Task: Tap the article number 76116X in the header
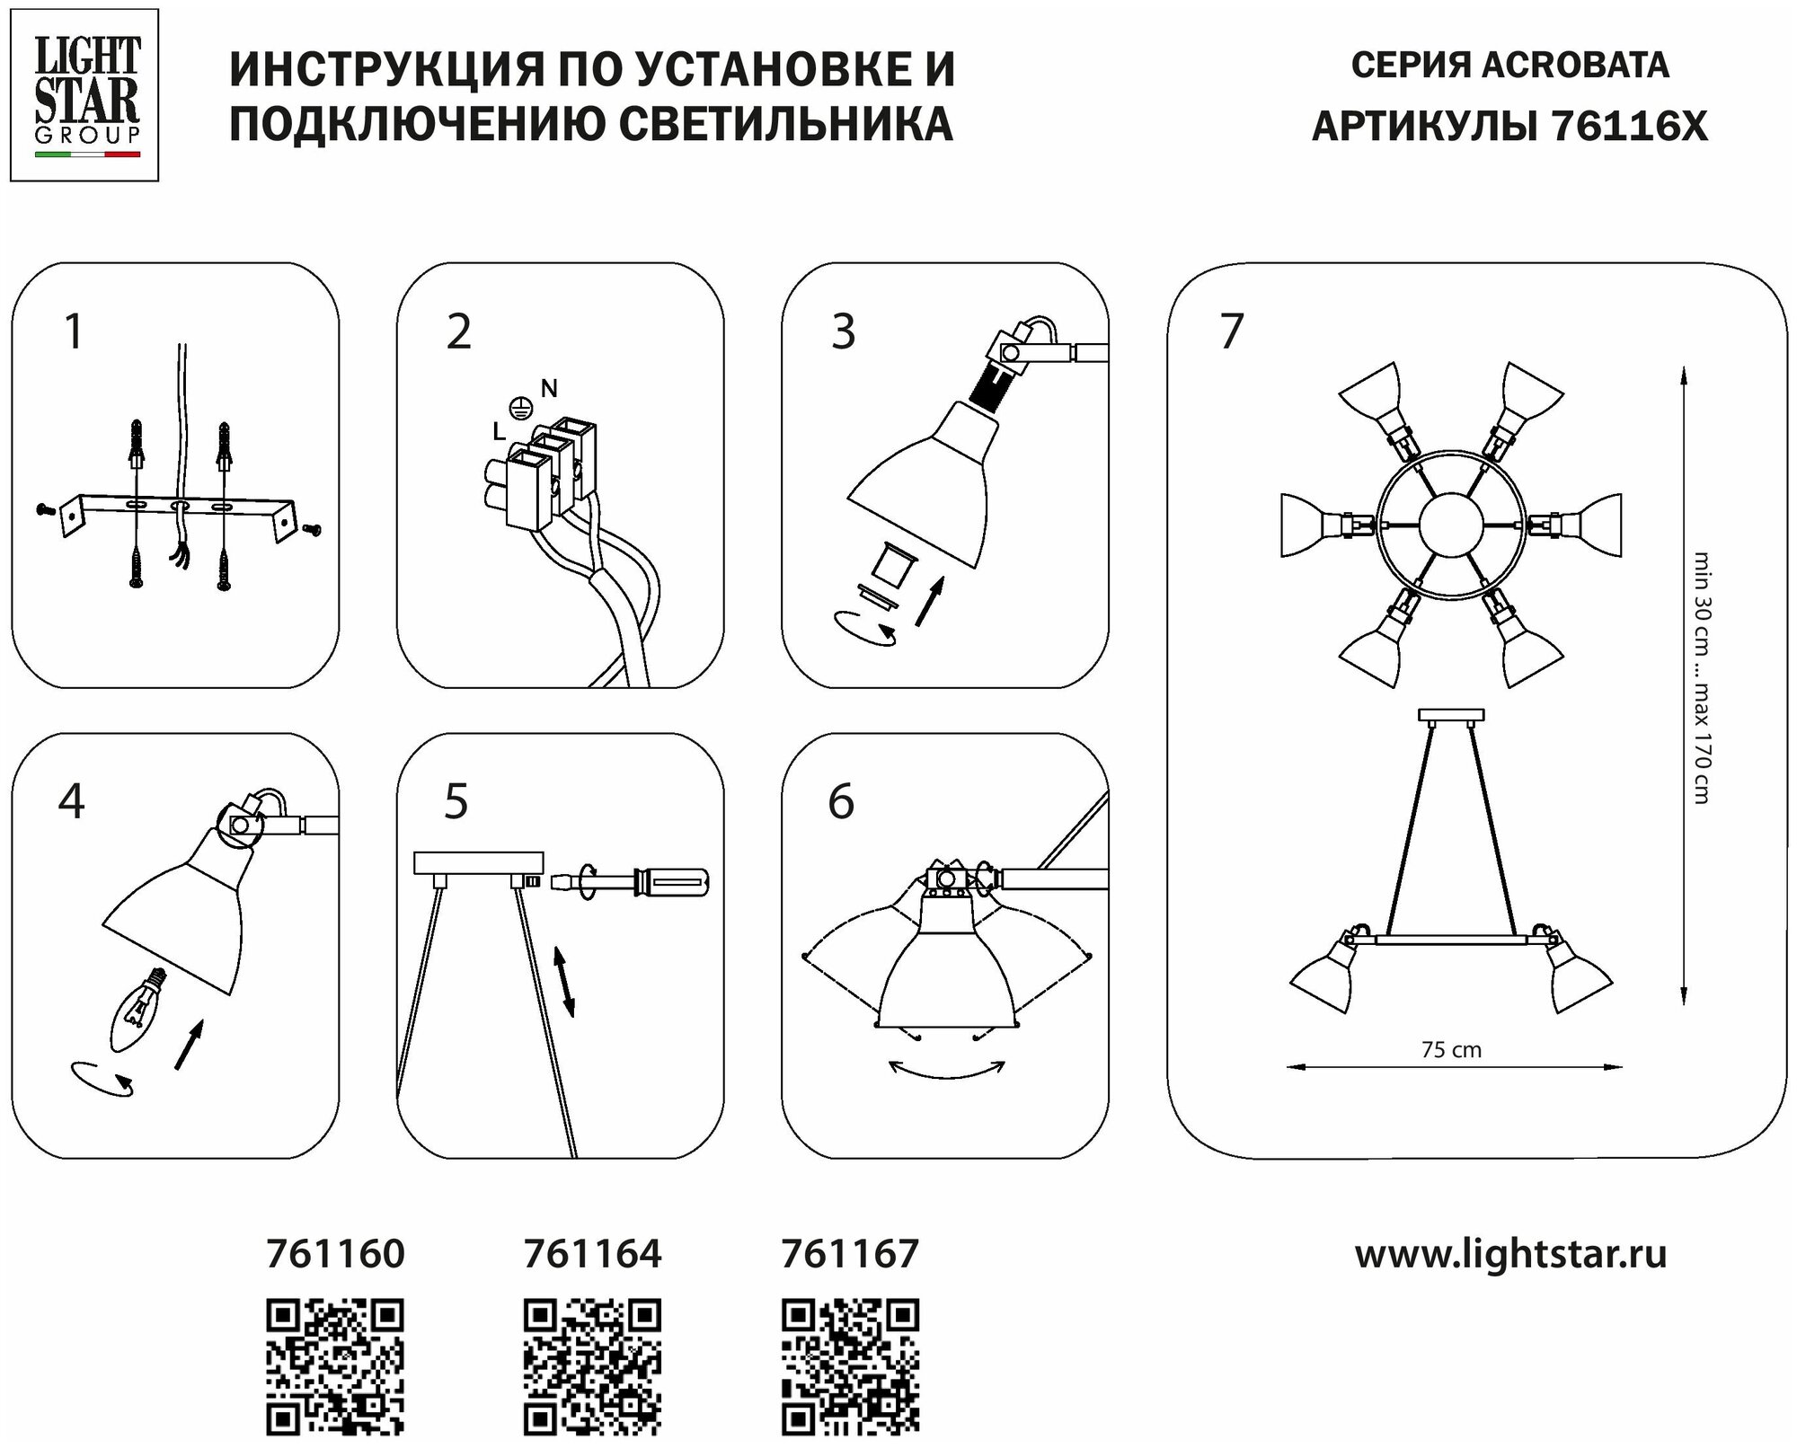[x=1629, y=127]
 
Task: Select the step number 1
[x=74, y=331]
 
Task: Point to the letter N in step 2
[x=549, y=388]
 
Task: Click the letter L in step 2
[x=498, y=432]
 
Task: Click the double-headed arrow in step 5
[x=563, y=982]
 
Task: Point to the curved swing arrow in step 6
[x=946, y=1070]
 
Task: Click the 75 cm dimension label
[x=1451, y=1049]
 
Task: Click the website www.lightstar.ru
[x=1510, y=1254]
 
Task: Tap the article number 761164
[x=592, y=1254]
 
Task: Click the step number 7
[x=1231, y=331]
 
